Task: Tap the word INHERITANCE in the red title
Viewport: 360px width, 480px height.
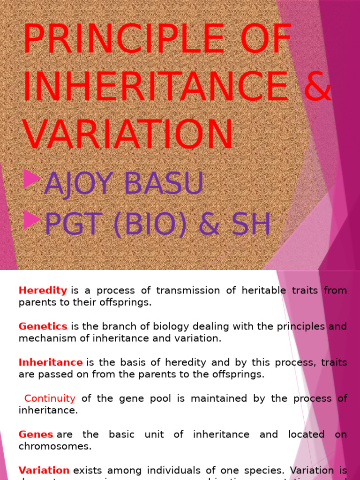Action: coord(155,87)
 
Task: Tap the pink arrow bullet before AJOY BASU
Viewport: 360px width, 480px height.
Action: coord(32,179)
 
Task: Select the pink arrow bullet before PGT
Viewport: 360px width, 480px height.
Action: coord(32,219)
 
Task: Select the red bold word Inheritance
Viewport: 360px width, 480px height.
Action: coord(51,362)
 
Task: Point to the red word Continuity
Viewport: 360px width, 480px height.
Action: coord(50,398)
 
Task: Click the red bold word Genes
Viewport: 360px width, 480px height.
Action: coord(36,434)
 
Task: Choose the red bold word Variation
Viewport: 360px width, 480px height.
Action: coord(44,470)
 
